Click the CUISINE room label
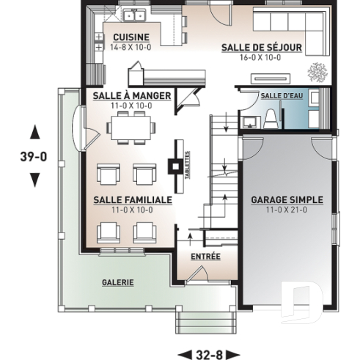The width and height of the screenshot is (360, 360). point(131,37)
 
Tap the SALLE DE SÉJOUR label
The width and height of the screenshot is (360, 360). point(262,48)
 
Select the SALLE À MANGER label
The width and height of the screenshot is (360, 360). point(132,96)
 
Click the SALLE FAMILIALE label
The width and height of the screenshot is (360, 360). point(133,199)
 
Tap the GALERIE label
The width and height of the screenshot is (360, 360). point(117,281)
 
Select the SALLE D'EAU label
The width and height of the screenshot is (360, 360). point(276,95)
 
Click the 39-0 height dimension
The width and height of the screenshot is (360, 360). point(34,156)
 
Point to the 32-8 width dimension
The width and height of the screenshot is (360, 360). point(209,354)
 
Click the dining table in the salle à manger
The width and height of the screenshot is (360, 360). point(132,128)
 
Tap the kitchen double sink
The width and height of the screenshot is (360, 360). point(133,15)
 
